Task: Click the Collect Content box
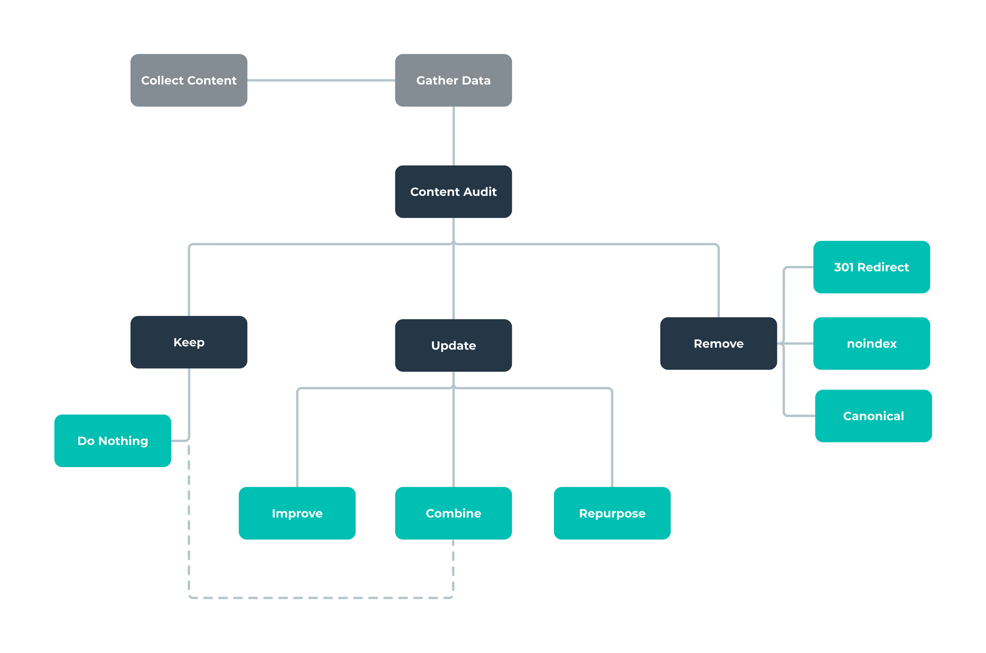pos(189,80)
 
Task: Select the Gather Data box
pos(453,80)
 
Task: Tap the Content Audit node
pos(453,192)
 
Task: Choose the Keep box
pos(189,342)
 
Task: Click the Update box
pos(453,345)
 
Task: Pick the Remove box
pos(718,343)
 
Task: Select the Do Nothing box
pos(112,441)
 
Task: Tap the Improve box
pos(297,513)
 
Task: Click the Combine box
pos(453,513)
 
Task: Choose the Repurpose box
pos(612,513)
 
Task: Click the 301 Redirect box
pos(871,267)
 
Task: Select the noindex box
pos(871,343)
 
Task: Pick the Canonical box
pos(873,416)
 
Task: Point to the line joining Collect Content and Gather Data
pos(320,80)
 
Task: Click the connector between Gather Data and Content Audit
pos(454,136)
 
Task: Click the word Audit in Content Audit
pos(480,192)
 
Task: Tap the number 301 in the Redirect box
pos(844,267)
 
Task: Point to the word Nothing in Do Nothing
pos(123,441)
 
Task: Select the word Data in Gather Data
pos(476,80)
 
